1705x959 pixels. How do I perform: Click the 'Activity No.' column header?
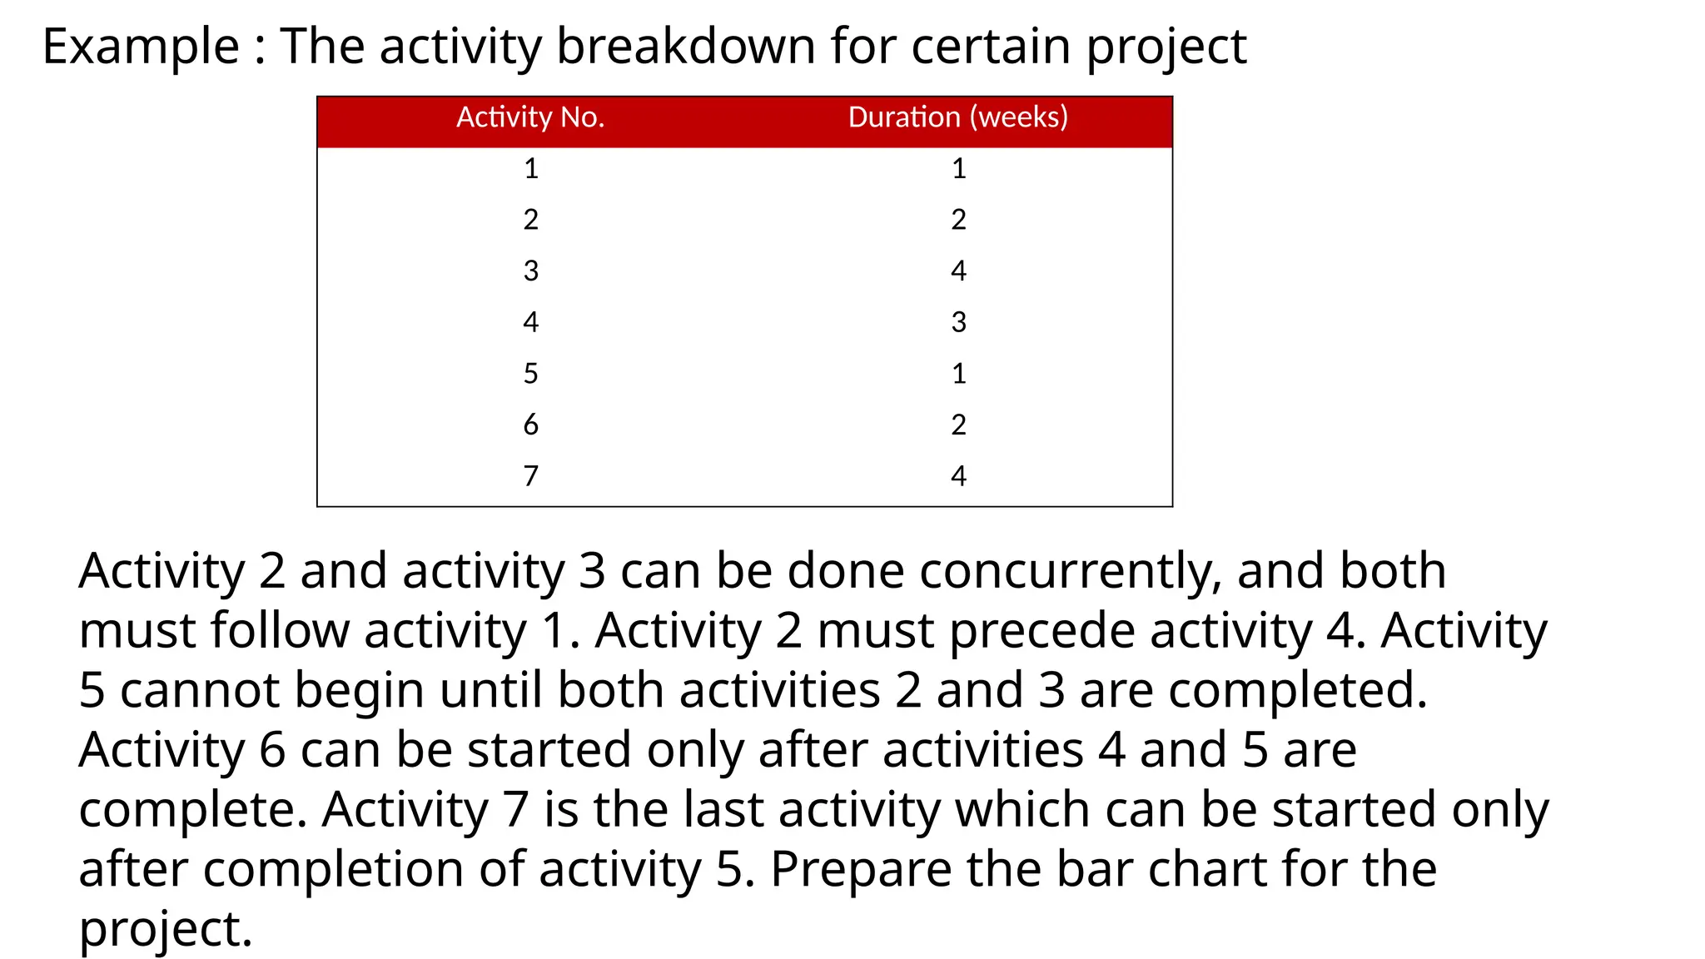click(530, 117)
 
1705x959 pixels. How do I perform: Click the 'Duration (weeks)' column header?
click(957, 117)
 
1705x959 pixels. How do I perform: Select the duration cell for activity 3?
click(958, 271)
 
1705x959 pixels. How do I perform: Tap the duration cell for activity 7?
click(958, 475)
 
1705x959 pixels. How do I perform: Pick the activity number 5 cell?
click(531, 373)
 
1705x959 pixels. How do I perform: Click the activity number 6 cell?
click(531, 425)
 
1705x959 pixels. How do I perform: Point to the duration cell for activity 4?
click(958, 322)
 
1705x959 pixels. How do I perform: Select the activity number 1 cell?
click(531, 169)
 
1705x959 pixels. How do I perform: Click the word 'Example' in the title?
click(141, 47)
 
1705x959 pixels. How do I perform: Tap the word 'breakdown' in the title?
click(685, 47)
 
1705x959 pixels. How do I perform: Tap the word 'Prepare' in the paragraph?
click(861, 871)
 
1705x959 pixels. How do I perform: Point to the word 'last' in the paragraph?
click(723, 810)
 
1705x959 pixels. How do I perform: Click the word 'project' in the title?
click(1166, 48)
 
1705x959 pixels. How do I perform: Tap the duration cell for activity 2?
click(958, 220)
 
